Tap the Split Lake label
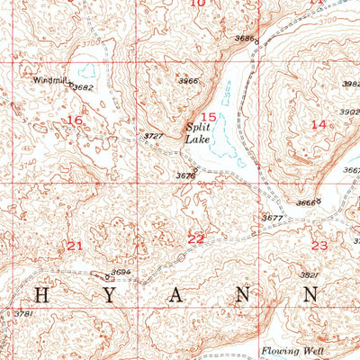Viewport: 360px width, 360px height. [198, 133]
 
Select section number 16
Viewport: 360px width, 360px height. [75, 120]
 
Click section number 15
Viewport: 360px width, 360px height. [208, 117]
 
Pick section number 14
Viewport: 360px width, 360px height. [318, 123]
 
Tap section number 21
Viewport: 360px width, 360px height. [75, 245]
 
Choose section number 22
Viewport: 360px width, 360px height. [195, 238]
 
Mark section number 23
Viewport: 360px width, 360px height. [319, 245]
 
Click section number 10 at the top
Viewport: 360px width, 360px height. [198, 4]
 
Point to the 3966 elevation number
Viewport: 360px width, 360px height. [187, 82]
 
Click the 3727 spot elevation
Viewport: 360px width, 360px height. [153, 136]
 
